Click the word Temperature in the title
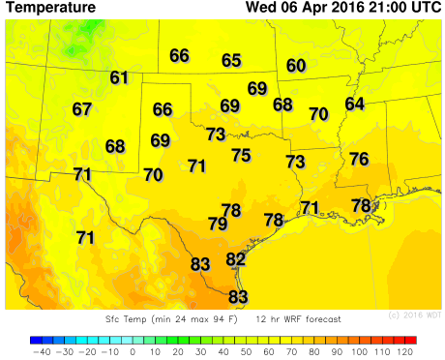pyautogui.click(x=51, y=8)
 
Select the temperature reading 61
pyautogui.click(x=119, y=78)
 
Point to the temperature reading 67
pyautogui.click(x=82, y=109)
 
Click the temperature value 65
pyautogui.click(x=231, y=61)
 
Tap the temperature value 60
pyautogui.click(x=296, y=66)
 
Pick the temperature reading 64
pyautogui.click(x=355, y=104)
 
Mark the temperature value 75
pyautogui.click(x=241, y=155)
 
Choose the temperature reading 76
pyautogui.click(x=359, y=159)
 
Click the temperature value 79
pyautogui.click(x=218, y=224)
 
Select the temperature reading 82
pyautogui.click(x=236, y=258)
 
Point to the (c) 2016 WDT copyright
pyautogui.click(x=414, y=315)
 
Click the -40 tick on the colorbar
pyautogui.click(x=42, y=352)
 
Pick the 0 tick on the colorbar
pyautogui.click(x=132, y=352)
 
